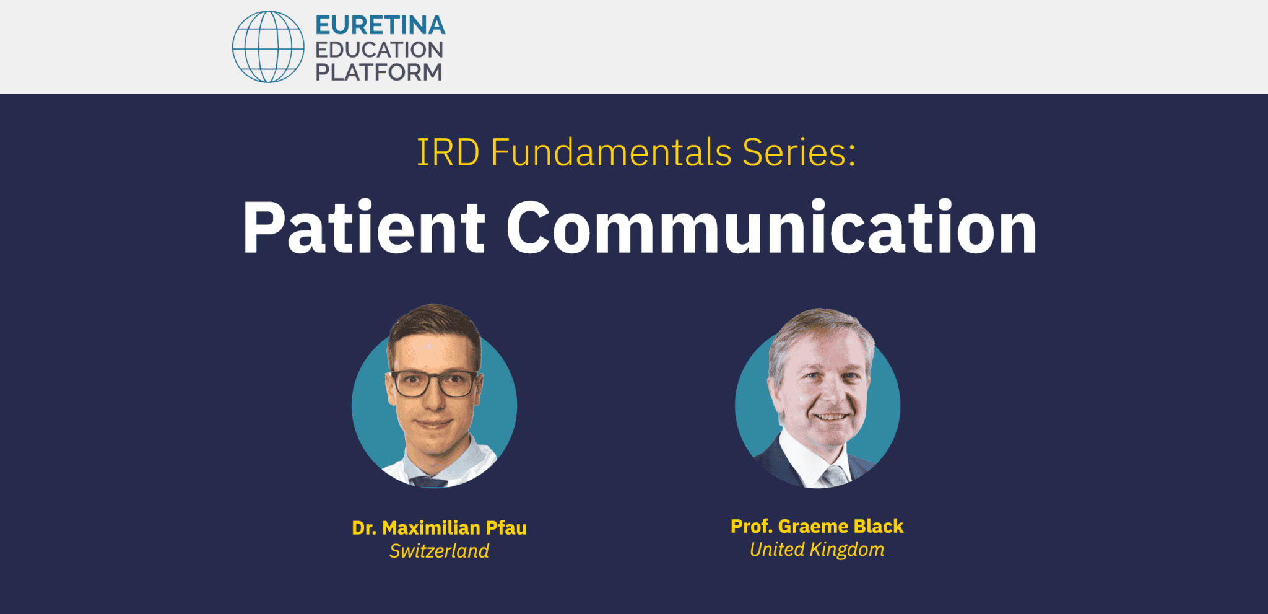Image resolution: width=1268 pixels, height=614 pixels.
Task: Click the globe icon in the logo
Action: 268,46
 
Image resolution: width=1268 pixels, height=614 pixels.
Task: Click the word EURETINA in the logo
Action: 380,25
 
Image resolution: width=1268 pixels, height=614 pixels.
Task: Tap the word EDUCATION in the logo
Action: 379,50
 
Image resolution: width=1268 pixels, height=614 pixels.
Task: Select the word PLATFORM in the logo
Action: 379,72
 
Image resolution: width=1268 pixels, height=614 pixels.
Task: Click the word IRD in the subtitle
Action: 448,152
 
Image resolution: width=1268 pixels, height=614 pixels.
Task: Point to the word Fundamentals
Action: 611,152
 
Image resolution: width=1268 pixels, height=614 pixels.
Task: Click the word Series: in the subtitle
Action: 799,152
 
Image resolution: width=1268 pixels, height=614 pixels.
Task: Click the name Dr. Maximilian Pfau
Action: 439,528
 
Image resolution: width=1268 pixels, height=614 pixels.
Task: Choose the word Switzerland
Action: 439,551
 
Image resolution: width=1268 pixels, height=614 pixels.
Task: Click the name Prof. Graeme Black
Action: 817,527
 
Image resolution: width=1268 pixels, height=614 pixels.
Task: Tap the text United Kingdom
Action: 817,550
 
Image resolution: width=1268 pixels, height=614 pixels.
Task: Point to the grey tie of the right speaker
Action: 834,476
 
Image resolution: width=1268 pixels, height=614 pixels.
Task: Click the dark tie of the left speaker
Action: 428,482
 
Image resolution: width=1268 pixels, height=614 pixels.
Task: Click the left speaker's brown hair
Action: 433,322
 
